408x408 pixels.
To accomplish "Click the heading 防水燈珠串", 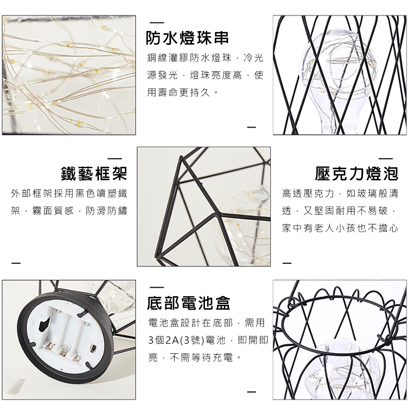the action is click(x=187, y=38).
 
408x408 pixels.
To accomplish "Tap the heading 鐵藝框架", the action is click(x=94, y=173).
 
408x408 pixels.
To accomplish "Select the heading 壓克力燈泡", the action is click(x=357, y=173).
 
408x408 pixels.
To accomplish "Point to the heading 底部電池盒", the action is click(x=188, y=303).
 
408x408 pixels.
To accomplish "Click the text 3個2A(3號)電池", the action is click(x=187, y=340).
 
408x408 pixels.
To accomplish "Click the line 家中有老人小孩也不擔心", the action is click(x=340, y=228).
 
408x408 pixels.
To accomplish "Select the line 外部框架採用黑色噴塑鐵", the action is click(x=69, y=193).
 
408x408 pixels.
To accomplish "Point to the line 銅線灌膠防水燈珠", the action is click(x=189, y=58).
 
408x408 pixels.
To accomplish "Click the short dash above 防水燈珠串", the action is click(x=157, y=22).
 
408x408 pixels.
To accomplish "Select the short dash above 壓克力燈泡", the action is click(x=386, y=158).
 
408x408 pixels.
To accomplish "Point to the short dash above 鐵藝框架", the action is click(x=115, y=158).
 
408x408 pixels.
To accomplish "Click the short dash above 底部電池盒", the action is click(x=157, y=287).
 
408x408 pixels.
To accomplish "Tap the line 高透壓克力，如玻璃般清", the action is click(x=340, y=193).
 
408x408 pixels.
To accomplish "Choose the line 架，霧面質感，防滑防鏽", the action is click(x=69, y=211).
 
